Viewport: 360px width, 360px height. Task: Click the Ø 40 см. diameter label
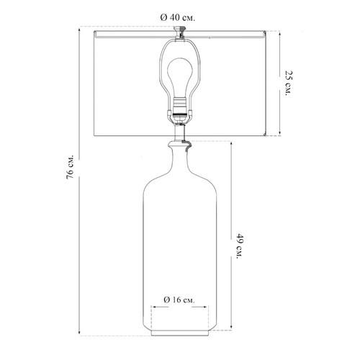(178, 18)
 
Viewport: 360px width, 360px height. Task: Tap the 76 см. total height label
(71, 167)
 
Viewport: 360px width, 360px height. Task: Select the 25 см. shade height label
(289, 83)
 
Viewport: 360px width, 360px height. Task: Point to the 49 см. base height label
(240, 246)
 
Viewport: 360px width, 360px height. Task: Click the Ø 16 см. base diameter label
(179, 300)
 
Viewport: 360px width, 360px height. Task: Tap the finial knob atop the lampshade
(179, 30)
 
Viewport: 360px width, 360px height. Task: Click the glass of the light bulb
(179, 77)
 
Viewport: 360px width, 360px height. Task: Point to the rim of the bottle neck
(179, 144)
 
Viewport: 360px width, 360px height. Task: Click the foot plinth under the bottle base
(180, 333)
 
